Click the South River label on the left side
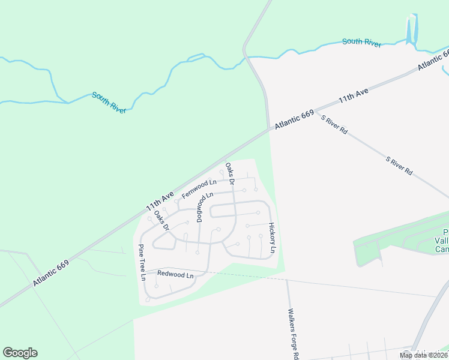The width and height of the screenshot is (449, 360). [109, 103]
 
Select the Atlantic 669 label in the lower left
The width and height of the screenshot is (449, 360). [52, 272]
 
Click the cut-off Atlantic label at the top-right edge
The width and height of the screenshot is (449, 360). [434, 61]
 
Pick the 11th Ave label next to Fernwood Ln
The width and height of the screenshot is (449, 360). [160, 201]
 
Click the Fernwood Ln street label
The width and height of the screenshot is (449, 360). [199, 188]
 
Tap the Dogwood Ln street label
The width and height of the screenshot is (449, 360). [205, 205]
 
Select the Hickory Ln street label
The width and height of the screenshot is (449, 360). [274, 238]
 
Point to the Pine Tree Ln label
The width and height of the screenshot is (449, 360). [142, 262]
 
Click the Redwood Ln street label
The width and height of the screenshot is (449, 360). [175, 275]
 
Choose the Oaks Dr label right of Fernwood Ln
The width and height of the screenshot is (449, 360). [229, 173]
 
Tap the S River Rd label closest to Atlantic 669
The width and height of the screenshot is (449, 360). [334, 124]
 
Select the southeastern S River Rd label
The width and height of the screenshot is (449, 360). [399, 166]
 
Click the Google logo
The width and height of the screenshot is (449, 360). [20, 353]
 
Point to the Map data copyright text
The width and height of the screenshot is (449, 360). [424, 355]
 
